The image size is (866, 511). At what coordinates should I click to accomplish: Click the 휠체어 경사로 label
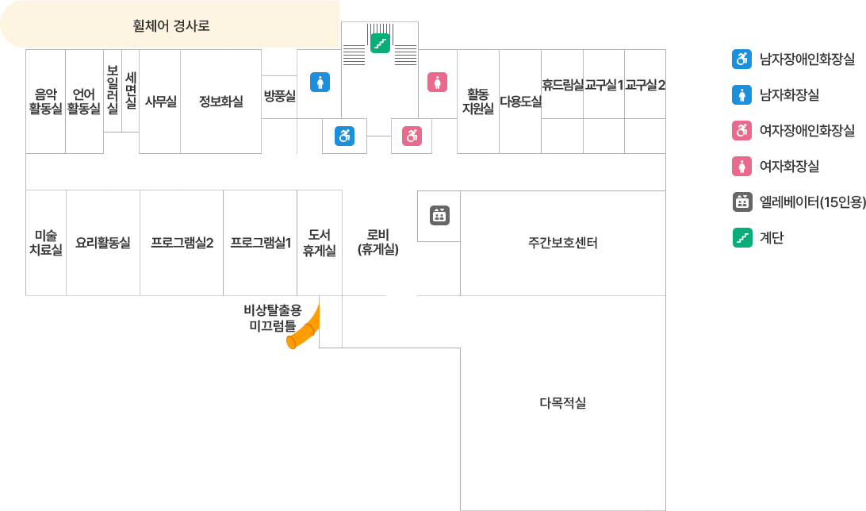click(x=171, y=25)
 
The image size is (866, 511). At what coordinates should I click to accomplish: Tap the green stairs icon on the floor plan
click(x=380, y=43)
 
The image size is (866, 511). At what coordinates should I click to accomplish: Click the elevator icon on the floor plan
click(x=439, y=214)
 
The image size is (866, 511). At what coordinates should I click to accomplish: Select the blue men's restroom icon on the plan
click(x=319, y=83)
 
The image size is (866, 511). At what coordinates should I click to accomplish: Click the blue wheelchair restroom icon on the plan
click(x=344, y=136)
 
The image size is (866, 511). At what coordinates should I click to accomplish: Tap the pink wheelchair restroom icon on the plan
click(x=412, y=136)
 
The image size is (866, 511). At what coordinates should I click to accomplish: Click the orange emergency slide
click(x=304, y=328)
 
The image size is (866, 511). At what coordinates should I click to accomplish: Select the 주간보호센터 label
click(x=562, y=243)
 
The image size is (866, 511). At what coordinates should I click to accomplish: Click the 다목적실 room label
click(x=562, y=403)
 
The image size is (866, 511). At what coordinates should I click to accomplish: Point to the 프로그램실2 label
click(x=182, y=243)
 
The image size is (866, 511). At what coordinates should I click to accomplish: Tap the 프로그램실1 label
click(x=261, y=243)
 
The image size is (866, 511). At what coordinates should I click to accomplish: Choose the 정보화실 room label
click(x=220, y=101)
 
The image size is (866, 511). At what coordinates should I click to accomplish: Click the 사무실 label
click(x=160, y=101)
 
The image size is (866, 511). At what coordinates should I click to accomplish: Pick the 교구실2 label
click(x=644, y=85)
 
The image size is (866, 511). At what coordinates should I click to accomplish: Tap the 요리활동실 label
click(x=103, y=243)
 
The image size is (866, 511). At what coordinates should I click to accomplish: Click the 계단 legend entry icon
click(x=741, y=236)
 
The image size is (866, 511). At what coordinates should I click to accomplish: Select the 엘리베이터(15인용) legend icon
click(x=741, y=202)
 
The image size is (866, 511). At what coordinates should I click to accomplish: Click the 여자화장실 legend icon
click(x=741, y=166)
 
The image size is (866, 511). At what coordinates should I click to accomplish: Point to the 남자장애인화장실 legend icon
click(x=741, y=59)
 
